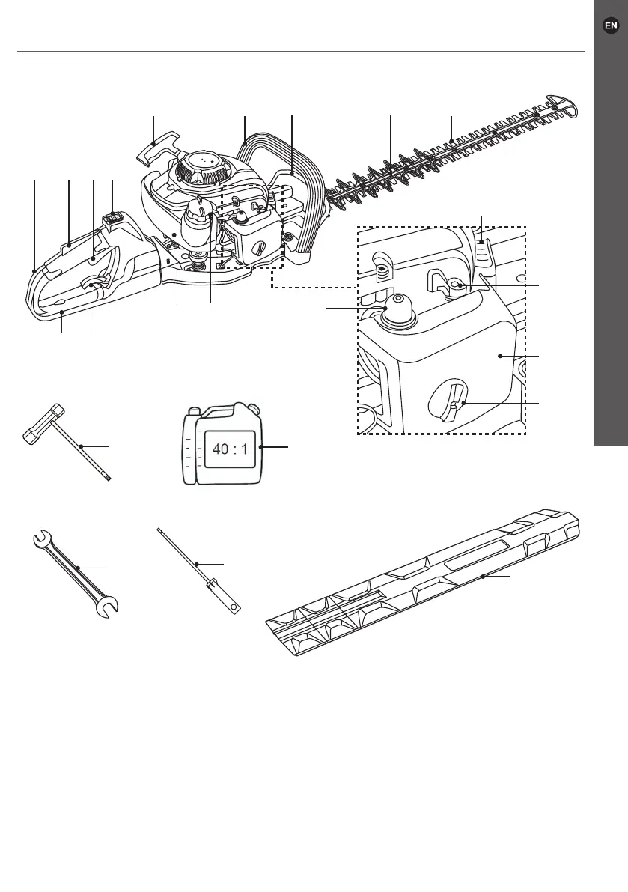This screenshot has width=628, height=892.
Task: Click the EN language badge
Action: pos(611,25)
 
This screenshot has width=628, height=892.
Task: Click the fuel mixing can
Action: pos(223,446)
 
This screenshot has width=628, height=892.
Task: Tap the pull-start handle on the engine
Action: pos(158,148)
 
